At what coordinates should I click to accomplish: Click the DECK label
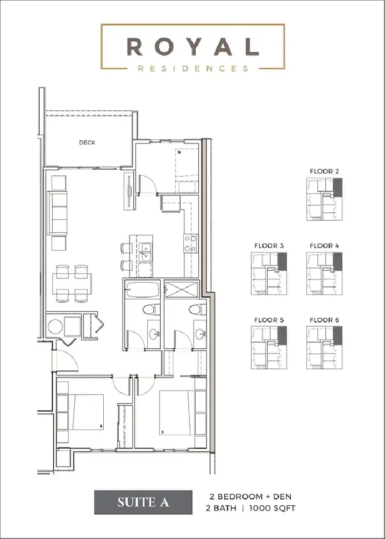tap(87, 142)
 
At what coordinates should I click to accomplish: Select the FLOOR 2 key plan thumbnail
tap(324, 200)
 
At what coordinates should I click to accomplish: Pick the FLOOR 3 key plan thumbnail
tap(269, 274)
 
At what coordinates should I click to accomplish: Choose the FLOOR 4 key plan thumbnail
tap(324, 274)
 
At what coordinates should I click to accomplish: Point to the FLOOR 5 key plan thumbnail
tap(269, 348)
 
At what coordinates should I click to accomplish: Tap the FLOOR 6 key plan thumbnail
tap(324, 348)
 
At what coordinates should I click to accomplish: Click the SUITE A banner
tap(143, 502)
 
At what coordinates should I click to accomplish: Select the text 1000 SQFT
tap(274, 508)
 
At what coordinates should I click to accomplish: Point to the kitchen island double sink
tap(145, 251)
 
